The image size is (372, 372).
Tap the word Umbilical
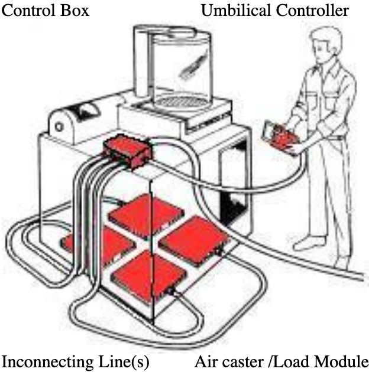(237, 11)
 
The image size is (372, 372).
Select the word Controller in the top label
(312, 11)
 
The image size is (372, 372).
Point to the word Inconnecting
(47, 362)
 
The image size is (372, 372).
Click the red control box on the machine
(128, 151)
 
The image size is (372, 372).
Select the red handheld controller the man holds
(284, 138)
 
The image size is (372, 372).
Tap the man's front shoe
(309, 243)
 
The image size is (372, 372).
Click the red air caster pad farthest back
(146, 216)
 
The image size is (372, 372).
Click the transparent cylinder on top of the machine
(181, 69)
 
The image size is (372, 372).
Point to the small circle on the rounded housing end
(59, 127)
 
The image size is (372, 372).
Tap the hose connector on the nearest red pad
(172, 292)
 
